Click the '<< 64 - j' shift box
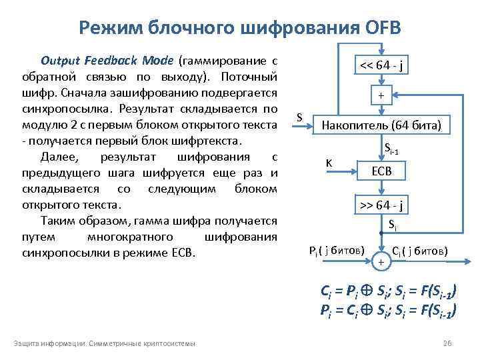coord(381,66)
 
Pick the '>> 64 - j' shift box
coord(381,205)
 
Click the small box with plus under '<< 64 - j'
coord(381,96)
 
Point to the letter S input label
coord(299,117)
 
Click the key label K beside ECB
coord(329,162)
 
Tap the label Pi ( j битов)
coord(337,251)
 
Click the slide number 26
coord(447,343)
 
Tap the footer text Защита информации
coord(49,343)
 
